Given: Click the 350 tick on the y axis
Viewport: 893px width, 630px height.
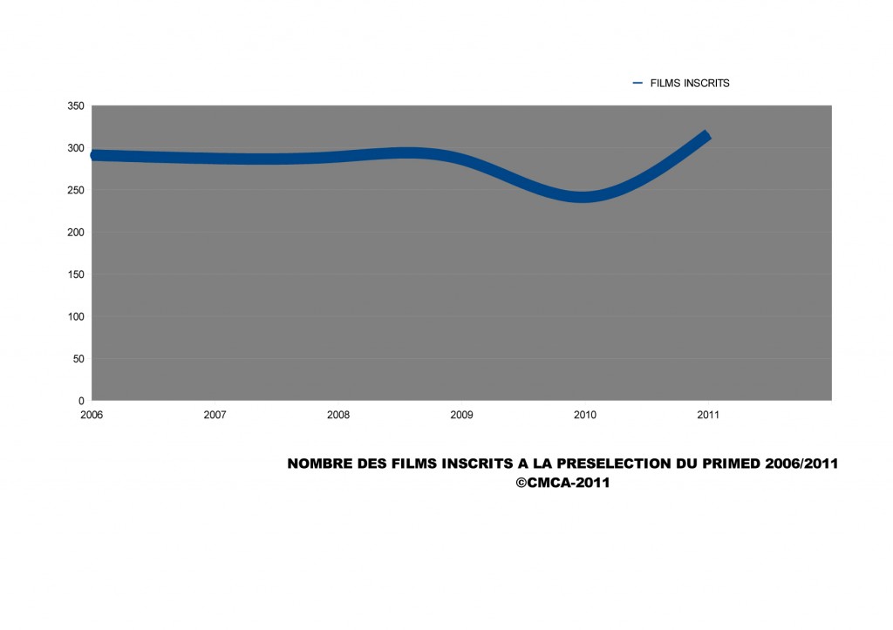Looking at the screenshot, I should (76, 106).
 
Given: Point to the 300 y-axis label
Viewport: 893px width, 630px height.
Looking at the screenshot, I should (76, 148).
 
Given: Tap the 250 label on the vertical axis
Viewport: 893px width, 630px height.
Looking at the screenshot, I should (76, 190).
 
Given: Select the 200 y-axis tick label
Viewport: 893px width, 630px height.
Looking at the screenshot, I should (76, 233).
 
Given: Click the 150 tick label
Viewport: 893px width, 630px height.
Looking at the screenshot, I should (76, 274).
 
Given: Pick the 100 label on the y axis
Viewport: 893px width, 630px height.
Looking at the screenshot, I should (76, 316).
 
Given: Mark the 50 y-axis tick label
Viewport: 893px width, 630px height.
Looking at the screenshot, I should (78, 359).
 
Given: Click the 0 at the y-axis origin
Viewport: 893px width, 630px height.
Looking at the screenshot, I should (81, 401).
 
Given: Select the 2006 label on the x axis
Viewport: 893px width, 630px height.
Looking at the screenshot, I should (92, 416).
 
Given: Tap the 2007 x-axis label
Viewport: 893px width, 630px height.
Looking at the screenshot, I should (215, 416).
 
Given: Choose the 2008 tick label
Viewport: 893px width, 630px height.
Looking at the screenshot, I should (338, 416).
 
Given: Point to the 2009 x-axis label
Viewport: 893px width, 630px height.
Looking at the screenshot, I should (461, 416).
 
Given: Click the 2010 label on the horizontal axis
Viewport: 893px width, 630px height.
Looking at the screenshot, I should (585, 416).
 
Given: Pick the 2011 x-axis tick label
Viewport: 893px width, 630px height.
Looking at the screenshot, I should (708, 416).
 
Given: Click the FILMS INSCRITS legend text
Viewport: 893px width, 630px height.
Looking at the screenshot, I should (690, 84).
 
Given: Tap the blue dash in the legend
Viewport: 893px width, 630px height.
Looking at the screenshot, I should (637, 84).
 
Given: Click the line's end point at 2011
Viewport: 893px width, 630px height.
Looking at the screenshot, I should (707, 136).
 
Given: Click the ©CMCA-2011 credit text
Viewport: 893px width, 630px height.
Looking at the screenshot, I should (562, 483).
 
